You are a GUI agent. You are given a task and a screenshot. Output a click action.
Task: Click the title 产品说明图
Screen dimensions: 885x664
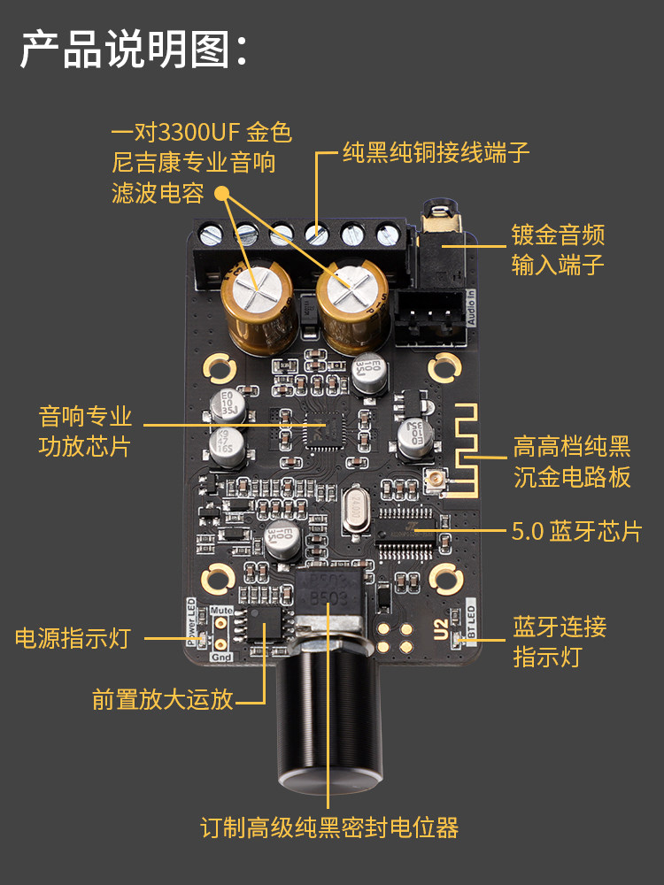(133, 50)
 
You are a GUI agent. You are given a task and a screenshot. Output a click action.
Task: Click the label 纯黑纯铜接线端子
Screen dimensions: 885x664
(436, 153)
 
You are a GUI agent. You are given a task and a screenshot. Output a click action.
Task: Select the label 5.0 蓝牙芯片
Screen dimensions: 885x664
(575, 531)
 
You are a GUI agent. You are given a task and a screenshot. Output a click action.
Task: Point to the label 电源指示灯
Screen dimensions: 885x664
(73, 637)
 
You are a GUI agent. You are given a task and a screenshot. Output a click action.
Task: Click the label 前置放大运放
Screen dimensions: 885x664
(163, 699)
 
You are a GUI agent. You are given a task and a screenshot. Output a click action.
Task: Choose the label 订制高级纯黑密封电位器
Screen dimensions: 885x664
(329, 828)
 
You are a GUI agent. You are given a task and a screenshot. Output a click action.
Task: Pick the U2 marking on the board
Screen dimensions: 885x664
(440, 630)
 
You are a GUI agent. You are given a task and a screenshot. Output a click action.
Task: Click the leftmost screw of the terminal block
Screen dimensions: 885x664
(212, 235)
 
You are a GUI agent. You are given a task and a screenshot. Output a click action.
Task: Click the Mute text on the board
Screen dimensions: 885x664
(222, 611)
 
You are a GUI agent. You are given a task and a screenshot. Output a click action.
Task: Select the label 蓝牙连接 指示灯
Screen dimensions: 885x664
(560, 642)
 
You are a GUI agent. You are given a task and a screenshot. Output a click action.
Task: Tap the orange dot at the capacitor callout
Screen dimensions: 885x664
(221, 191)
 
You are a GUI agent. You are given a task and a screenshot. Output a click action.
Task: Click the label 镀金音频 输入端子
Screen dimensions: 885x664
(558, 250)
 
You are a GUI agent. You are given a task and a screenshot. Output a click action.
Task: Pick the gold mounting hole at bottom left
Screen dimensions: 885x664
(217, 580)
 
